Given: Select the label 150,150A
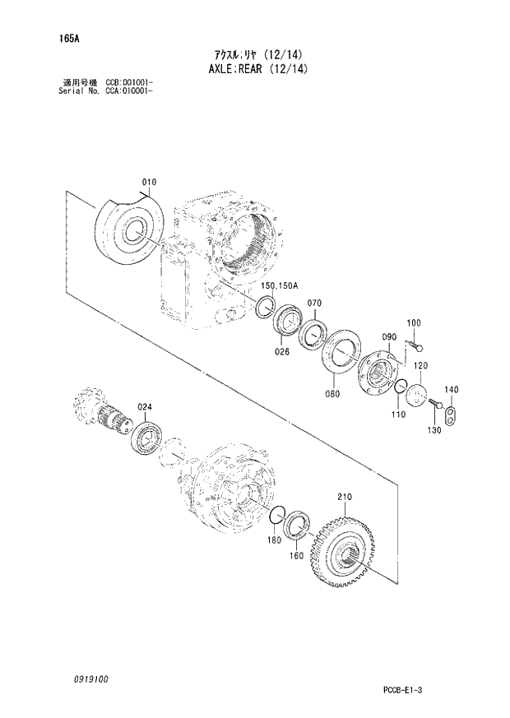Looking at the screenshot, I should (x=280, y=285).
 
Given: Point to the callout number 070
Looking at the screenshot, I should (x=313, y=304).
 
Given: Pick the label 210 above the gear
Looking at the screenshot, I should (x=344, y=497).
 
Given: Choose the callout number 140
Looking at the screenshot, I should (x=451, y=390).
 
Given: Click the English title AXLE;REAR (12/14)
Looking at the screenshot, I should (x=254, y=69).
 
